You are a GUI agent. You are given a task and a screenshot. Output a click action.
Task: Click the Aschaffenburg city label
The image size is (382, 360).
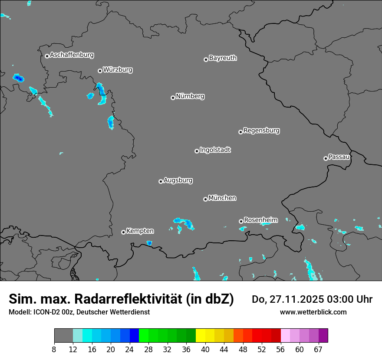coord(72,55)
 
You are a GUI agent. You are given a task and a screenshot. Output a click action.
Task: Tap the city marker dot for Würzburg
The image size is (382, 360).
coord(100,71)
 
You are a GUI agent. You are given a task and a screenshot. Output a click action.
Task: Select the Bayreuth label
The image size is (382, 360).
coord(223,58)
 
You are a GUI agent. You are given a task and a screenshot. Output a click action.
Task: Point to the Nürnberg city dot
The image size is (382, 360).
coord(173,98)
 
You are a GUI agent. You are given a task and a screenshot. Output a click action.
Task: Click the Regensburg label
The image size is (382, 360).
coord(261,130)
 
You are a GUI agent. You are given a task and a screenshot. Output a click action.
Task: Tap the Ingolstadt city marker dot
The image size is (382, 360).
coord(197,151)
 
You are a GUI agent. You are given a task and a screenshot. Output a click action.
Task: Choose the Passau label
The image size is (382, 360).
coord(339,157)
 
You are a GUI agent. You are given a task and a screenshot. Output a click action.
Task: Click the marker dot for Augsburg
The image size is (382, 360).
coord(161,181)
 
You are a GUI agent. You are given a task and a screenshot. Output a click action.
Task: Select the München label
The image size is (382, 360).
coord(222,198)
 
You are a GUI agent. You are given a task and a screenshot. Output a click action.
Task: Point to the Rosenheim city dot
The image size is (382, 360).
coord(241,221)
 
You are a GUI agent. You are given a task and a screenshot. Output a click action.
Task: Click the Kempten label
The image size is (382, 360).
coord(140,231)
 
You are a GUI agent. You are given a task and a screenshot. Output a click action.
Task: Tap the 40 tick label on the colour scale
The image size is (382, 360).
coord(205,350)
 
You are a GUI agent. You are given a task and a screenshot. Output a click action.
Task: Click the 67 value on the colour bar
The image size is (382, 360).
coord(318,350)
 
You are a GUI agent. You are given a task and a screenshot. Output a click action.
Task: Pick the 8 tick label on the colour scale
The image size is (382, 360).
coord(54,350)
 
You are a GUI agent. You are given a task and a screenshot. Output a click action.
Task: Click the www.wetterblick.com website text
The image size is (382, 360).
coord(313,312)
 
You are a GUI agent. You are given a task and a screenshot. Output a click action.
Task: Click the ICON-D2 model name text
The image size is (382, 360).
coord(45,312)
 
